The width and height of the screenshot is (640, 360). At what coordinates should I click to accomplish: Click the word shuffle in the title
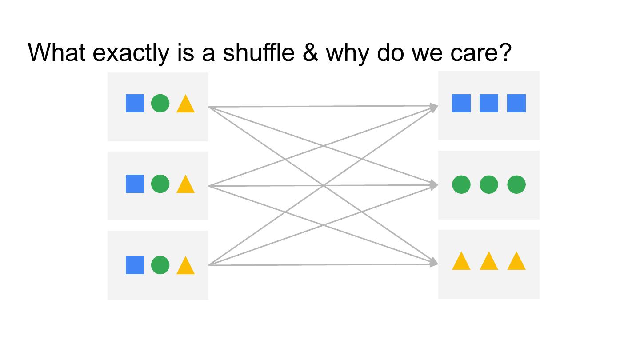[259, 52]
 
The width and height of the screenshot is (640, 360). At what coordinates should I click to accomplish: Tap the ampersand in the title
[310, 52]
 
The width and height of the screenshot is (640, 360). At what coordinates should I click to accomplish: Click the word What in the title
[56, 52]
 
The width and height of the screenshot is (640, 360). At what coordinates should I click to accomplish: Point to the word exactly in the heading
[131, 53]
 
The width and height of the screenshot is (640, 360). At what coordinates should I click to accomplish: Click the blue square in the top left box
[135, 103]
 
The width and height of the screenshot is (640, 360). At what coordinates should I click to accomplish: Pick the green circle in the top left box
[160, 103]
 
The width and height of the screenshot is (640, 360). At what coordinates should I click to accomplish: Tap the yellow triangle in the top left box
[185, 104]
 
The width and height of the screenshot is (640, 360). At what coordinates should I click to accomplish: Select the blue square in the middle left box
[135, 184]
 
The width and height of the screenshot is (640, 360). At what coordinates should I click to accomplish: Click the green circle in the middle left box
[160, 184]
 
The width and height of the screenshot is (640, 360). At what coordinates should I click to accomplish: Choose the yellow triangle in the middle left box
[185, 185]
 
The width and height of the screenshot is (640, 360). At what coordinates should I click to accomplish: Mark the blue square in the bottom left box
[135, 265]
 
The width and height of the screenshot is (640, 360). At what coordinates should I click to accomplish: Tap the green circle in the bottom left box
[160, 265]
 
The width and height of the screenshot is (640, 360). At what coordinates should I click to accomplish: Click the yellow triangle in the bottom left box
[185, 266]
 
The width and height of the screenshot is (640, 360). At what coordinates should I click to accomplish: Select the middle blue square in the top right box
[489, 103]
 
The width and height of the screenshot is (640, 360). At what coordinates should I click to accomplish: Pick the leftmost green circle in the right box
[461, 184]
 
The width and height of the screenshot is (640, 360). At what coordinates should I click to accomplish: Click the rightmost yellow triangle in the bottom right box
[516, 262]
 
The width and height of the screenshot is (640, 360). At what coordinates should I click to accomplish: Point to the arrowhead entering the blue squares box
[434, 107]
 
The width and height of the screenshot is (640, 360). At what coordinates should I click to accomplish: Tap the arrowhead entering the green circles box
[434, 185]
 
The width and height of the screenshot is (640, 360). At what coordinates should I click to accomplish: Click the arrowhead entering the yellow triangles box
[434, 263]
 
